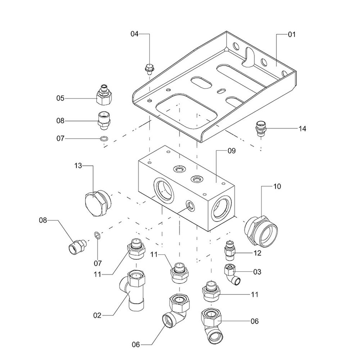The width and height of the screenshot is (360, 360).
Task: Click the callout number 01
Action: point(291,35)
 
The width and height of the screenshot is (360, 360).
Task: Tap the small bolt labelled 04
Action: point(148,68)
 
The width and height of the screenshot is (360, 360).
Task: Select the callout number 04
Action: point(134,34)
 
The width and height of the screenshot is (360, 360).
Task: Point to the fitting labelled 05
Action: point(104,94)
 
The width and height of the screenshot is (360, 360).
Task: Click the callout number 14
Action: point(302,129)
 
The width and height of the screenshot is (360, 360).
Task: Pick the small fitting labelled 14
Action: point(261,129)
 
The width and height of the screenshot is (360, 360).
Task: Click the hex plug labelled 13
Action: point(96,204)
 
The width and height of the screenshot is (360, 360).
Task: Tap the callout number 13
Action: point(78,166)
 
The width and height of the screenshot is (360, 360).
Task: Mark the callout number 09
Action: point(231,151)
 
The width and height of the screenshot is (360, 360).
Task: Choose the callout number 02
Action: point(97,316)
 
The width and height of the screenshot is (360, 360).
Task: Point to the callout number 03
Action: point(257,272)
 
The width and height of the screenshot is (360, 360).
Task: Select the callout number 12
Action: point(257,253)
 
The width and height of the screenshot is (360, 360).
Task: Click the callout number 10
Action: point(277,186)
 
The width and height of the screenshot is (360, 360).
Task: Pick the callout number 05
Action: point(60,98)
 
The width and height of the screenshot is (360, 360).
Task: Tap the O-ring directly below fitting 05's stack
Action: point(104,139)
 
